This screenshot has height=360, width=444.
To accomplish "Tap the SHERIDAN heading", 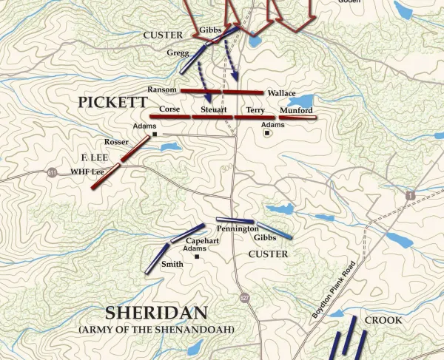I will point(155,312).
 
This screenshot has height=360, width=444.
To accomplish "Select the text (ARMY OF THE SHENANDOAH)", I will point(156,328).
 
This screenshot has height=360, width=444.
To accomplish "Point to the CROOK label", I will point(383,320).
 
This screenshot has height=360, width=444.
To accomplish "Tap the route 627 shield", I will point(243,296).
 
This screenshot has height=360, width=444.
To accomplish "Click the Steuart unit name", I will point(213,109).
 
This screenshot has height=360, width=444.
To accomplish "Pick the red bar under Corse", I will point(169,117).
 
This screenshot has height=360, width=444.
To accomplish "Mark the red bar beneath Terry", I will point(255,117).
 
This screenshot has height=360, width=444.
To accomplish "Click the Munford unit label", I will point(296,110).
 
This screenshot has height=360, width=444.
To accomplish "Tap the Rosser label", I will point(115,142).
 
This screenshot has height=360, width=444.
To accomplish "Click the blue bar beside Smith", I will point(157,259).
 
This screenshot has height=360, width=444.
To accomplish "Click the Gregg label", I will point(178,53).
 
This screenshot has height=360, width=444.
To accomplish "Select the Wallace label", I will point(281,94).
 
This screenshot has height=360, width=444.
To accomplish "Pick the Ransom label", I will point(162,89).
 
